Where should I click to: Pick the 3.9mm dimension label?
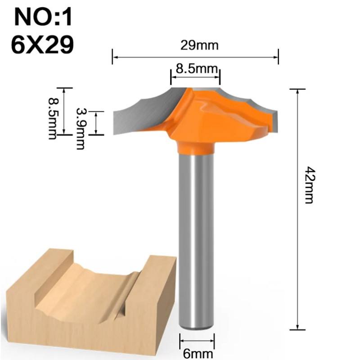(x=81, y=128)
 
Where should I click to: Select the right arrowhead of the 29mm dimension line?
(x=276, y=58)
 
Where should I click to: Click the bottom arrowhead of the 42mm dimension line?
(x=297, y=328)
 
